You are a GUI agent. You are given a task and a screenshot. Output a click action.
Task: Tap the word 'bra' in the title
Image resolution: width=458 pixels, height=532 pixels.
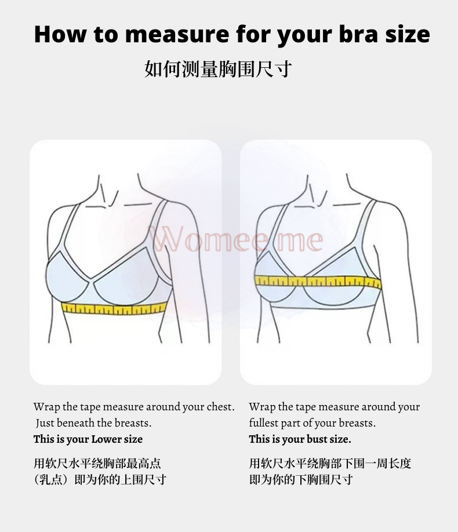click(358, 34)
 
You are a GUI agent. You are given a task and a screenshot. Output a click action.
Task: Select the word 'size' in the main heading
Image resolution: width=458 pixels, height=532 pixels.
click(408, 34)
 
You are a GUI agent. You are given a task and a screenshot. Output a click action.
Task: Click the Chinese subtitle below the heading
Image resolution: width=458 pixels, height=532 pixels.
click(218, 69)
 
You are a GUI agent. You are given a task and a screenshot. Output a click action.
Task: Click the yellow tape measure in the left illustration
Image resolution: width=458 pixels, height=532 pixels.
click(114, 308)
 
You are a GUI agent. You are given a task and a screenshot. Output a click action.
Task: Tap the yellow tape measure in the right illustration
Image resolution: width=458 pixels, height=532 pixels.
click(318, 281)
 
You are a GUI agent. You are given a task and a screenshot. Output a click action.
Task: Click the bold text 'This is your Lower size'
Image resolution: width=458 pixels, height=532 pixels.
click(88, 439)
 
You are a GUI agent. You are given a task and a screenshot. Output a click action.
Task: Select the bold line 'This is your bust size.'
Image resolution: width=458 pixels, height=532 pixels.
click(300, 439)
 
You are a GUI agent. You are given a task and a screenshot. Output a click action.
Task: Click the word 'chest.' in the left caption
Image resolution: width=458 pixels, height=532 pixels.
click(221, 406)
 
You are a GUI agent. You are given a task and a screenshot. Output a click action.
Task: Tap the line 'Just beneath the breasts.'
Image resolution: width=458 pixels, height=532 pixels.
click(93, 422)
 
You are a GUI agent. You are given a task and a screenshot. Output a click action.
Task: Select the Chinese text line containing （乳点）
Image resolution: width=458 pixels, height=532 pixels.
click(100, 479)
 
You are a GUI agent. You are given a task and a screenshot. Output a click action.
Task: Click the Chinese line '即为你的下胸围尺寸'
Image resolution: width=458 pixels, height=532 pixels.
click(301, 479)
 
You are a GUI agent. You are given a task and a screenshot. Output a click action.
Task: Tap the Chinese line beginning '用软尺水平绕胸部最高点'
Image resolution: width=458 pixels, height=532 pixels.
click(97, 463)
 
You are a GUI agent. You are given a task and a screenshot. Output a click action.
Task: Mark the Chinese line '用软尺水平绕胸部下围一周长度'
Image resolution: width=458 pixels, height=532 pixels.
click(330, 463)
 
